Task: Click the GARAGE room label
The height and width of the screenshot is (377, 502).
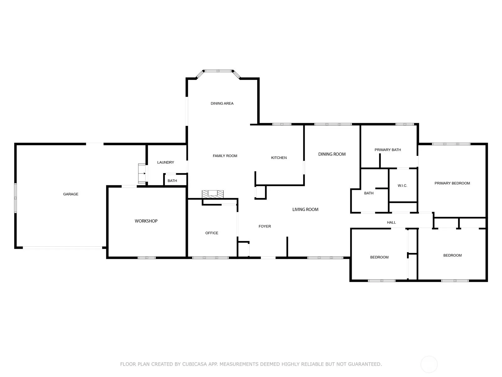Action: click(x=71, y=194)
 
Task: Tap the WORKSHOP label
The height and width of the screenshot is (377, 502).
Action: click(x=146, y=221)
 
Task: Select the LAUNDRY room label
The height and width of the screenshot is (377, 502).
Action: click(x=166, y=162)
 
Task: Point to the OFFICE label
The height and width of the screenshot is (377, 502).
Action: click(x=211, y=233)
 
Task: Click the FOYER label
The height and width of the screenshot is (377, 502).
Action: click(x=264, y=226)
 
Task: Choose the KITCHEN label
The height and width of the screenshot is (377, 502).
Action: click(x=279, y=158)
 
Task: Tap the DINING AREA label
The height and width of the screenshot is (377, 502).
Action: click(x=222, y=103)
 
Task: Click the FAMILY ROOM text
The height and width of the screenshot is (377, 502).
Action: click(x=225, y=156)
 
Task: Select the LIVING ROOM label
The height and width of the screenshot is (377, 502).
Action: click(x=305, y=210)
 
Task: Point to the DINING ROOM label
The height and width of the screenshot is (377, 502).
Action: click(x=332, y=154)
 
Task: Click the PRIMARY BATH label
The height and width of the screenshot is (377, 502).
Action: click(x=388, y=150)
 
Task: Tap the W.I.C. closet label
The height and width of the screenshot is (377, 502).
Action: click(x=402, y=186)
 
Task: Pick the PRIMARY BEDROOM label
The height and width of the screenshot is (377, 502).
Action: click(x=452, y=183)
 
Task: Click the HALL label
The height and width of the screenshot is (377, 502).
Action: click(x=391, y=222)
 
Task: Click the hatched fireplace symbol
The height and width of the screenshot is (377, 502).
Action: click(x=212, y=194)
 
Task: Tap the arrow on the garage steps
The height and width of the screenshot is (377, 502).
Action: click(x=144, y=173)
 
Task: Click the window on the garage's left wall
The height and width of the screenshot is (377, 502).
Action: click(x=16, y=198)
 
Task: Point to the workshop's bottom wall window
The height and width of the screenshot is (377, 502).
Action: click(x=147, y=258)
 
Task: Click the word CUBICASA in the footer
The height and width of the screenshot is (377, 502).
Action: click(x=195, y=364)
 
